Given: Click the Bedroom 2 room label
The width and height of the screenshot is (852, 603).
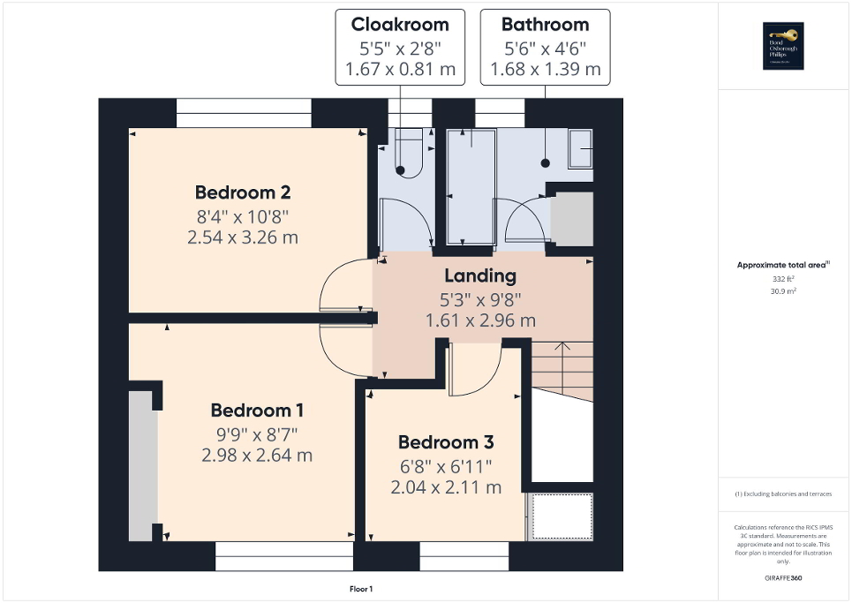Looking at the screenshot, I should pyautogui.click(x=243, y=192).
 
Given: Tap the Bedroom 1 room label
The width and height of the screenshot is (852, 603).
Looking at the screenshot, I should pyautogui.click(x=257, y=411).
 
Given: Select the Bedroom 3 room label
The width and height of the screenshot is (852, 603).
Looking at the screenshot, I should pyautogui.click(x=446, y=442).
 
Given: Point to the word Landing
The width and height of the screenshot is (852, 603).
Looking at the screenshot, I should pyautogui.click(x=480, y=276).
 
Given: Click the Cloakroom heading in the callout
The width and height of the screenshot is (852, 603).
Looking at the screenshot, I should pyautogui.click(x=400, y=25).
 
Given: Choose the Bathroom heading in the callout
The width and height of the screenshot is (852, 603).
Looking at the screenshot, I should pyautogui.click(x=545, y=25).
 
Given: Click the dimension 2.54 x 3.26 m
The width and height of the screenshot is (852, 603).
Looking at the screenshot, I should pyautogui.click(x=243, y=237).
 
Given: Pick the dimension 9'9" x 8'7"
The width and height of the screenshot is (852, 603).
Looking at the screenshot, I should pyautogui.click(x=257, y=433).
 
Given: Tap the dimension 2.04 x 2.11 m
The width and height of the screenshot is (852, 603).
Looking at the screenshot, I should pyautogui.click(x=446, y=486).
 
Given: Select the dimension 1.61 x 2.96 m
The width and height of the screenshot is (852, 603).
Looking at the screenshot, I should pyautogui.click(x=480, y=320).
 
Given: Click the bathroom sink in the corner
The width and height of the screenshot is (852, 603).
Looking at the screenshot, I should pyautogui.click(x=580, y=148).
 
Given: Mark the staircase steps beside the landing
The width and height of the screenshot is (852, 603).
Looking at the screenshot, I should pyautogui.click(x=561, y=362).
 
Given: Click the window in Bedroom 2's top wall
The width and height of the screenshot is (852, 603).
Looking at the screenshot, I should pyautogui.click(x=244, y=114).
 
